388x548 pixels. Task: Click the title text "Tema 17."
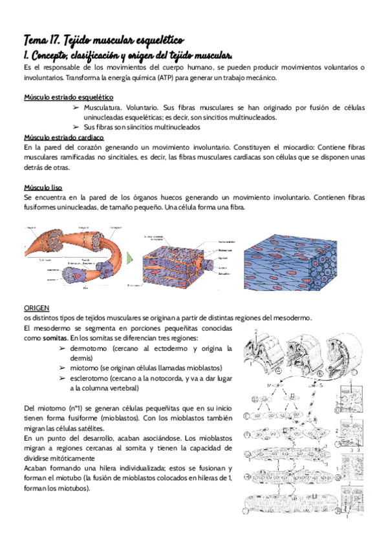pyautogui.click(x=43, y=40)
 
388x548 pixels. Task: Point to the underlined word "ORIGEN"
pyautogui.click(x=36, y=308)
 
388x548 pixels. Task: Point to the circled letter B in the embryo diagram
pyautogui.click(x=321, y=374)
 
